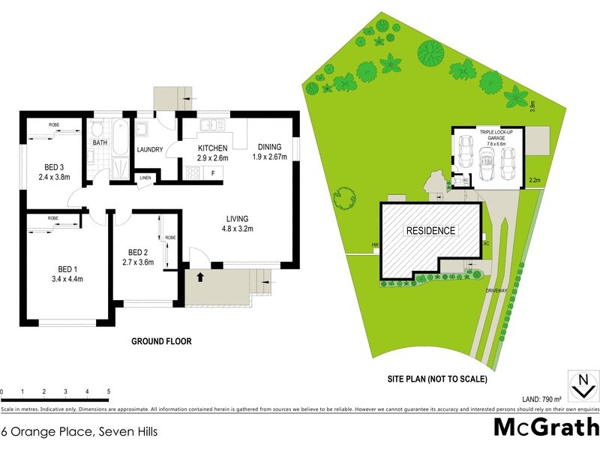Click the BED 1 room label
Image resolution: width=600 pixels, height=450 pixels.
66,269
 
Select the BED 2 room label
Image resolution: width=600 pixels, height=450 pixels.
139,252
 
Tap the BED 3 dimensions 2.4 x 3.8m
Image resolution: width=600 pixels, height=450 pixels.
54,178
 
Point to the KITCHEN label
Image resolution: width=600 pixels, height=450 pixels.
212,148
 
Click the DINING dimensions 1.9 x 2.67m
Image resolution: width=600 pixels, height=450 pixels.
268,157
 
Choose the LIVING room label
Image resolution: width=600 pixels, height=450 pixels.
238,220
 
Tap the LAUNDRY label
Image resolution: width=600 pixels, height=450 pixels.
150,150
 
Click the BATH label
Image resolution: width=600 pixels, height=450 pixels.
100,142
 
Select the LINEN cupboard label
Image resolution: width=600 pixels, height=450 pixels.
145,178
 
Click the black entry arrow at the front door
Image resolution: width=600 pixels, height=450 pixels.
200,277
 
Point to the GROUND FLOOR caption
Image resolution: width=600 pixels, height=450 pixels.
161,341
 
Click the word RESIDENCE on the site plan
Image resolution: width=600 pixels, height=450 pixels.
430,230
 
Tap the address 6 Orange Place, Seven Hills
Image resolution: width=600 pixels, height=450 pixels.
79,431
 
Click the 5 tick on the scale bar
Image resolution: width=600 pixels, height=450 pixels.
109,392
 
